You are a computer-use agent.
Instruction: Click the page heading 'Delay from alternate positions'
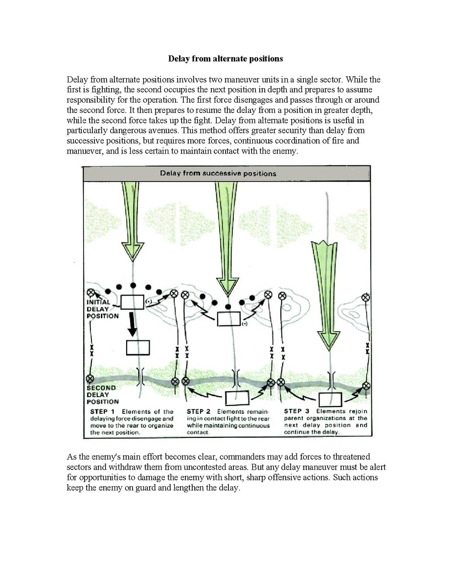(x=226, y=59)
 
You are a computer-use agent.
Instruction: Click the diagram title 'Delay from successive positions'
(x=218, y=173)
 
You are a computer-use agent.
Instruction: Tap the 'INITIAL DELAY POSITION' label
(x=102, y=309)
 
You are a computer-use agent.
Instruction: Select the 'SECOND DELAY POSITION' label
(x=102, y=395)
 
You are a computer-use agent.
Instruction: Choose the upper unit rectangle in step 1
(x=132, y=302)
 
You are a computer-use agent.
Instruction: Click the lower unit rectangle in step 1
(x=138, y=347)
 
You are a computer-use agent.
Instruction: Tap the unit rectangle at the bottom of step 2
(x=237, y=399)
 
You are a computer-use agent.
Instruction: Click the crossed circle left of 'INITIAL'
(x=90, y=293)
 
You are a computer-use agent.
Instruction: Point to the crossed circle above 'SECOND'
(x=90, y=379)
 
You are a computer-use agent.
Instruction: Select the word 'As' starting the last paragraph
(x=71, y=457)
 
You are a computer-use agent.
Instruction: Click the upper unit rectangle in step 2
(x=229, y=319)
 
